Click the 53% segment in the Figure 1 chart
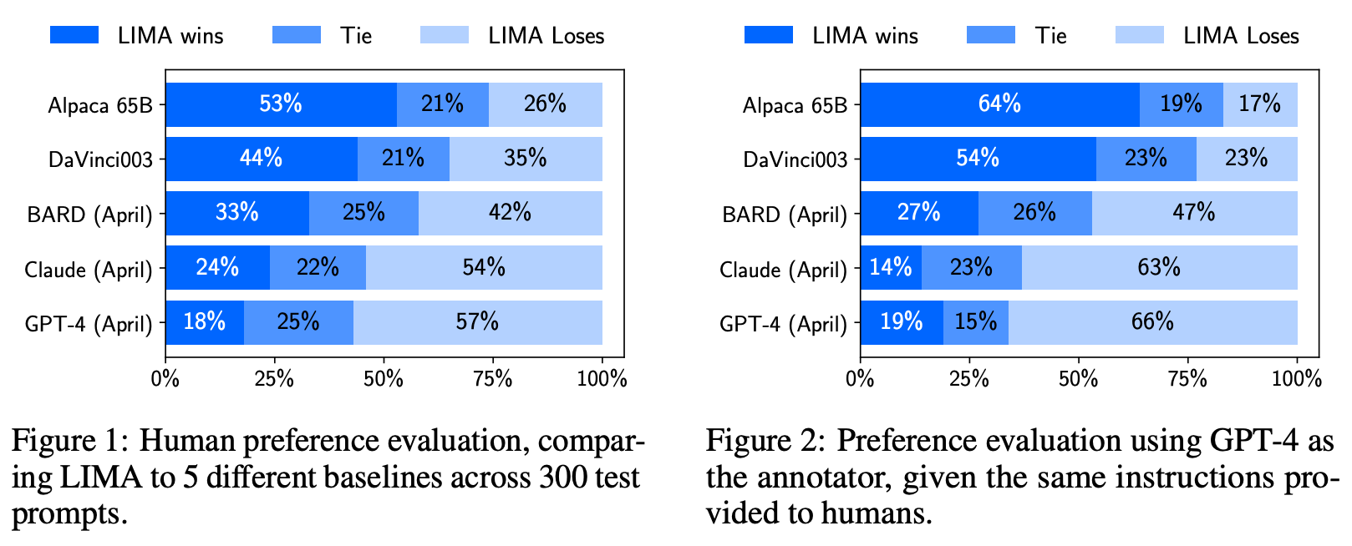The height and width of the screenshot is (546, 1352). tap(281, 104)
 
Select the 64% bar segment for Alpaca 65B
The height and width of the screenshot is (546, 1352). tap(999, 104)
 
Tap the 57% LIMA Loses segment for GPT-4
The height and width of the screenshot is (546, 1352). tap(477, 322)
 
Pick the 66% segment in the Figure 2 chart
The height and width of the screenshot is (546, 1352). tap(1152, 322)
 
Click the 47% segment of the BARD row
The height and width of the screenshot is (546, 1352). tap(1194, 213)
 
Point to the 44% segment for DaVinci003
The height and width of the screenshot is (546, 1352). tap(261, 159)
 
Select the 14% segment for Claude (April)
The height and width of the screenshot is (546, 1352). tap(891, 267)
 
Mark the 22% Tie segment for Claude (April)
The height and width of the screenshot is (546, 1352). tap(318, 267)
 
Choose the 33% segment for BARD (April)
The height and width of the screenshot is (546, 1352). tap(237, 213)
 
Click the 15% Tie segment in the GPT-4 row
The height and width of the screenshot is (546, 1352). tap(975, 322)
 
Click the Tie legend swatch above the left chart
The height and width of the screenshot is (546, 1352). tap(296, 35)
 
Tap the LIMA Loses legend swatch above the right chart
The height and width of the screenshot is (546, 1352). tap(1140, 35)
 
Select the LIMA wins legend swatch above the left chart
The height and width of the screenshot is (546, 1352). tap(74, 35)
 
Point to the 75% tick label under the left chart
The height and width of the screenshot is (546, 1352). tap(493, 379)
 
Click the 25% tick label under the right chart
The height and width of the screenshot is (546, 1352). tap(969, 379)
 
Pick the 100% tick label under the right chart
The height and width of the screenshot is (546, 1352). tap(1296, 379)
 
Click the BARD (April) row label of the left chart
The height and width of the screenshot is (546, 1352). tap(90, 215)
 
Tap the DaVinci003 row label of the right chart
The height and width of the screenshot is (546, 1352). tap(795, 160)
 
